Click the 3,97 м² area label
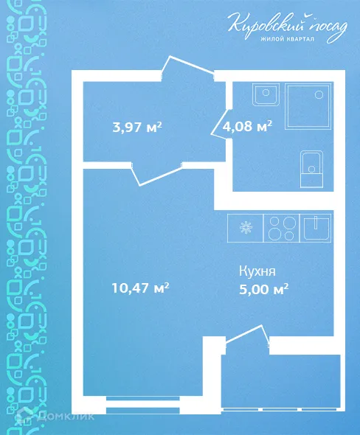(137, 127)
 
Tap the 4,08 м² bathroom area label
(247, 125)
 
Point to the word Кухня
(257, 271)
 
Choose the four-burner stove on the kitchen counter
(282, 226)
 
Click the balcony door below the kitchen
(246, 335)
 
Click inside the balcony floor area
(280, 380)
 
